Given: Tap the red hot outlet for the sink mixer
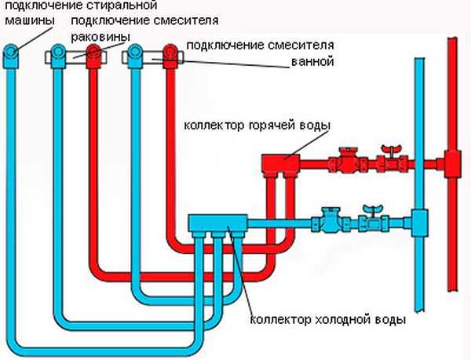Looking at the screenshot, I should click(94, 54).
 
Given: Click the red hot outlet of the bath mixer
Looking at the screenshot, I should click(170, 54).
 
